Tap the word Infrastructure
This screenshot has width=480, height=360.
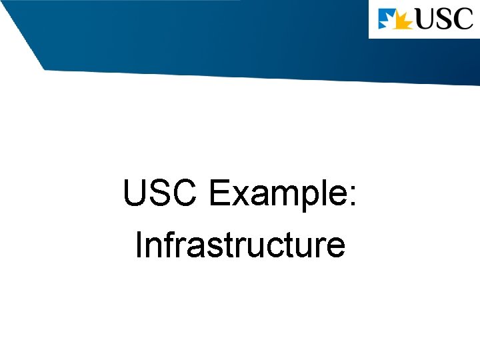[240, 245]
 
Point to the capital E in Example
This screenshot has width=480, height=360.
[219, 195]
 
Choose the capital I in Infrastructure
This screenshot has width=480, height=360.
[139, 245]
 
